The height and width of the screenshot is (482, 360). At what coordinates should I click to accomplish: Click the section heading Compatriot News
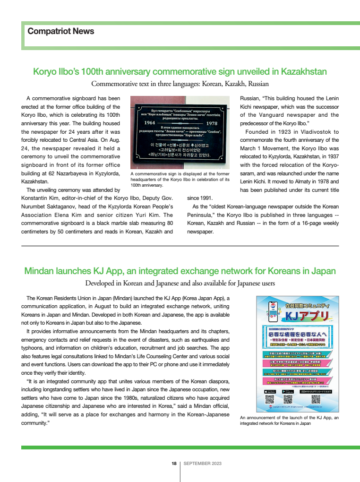coord(61,32)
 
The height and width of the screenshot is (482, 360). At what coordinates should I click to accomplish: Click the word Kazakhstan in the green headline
coord(304,71)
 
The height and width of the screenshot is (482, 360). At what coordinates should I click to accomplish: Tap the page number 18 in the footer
coord(174,464)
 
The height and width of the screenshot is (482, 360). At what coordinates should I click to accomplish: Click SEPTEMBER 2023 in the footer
coord(203,464)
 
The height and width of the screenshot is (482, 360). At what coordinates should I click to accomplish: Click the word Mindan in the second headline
coord(39,271)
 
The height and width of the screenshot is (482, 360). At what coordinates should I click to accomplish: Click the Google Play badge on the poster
coord(289,392)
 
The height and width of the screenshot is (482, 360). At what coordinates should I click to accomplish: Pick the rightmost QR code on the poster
coord(316,400)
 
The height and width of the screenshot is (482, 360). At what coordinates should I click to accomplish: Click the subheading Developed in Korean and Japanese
coord(180,284)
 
